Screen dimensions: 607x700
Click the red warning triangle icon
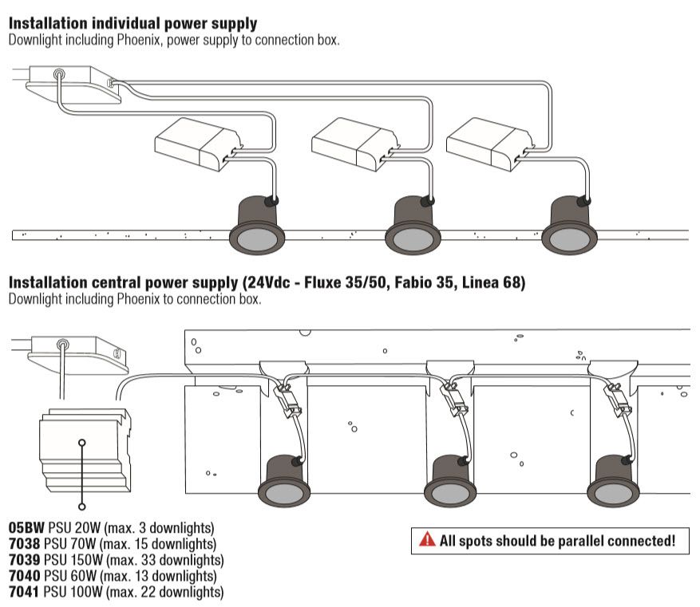[x=428, y=541]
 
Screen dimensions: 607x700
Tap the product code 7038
[x=26, y=544]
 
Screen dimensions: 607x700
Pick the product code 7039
[x=26, y=560]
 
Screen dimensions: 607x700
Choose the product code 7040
[x=26, y=576]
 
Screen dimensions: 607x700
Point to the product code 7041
[x=26, y=592]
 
